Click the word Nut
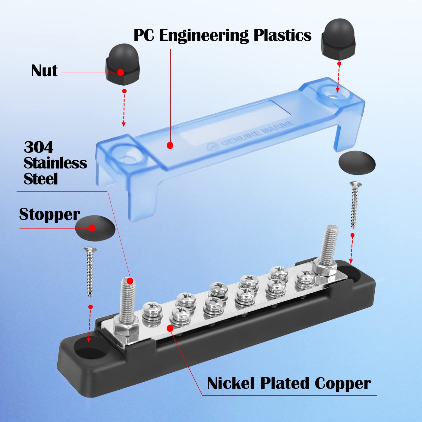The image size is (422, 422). click(x=44, y=71)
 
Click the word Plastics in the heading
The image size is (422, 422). click(x=282, y=35)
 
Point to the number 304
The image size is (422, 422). click(x=39, y=147)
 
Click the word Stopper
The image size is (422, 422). click(x=49, y=215)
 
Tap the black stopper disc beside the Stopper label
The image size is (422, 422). click(x=95, y=228)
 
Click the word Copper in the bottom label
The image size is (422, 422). click(x=342, y=383)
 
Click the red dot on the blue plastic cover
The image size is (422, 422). click(x=170, y=145)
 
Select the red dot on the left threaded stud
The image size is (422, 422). click(x=130, y=281)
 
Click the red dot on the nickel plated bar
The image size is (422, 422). click(x=170, y=328)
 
